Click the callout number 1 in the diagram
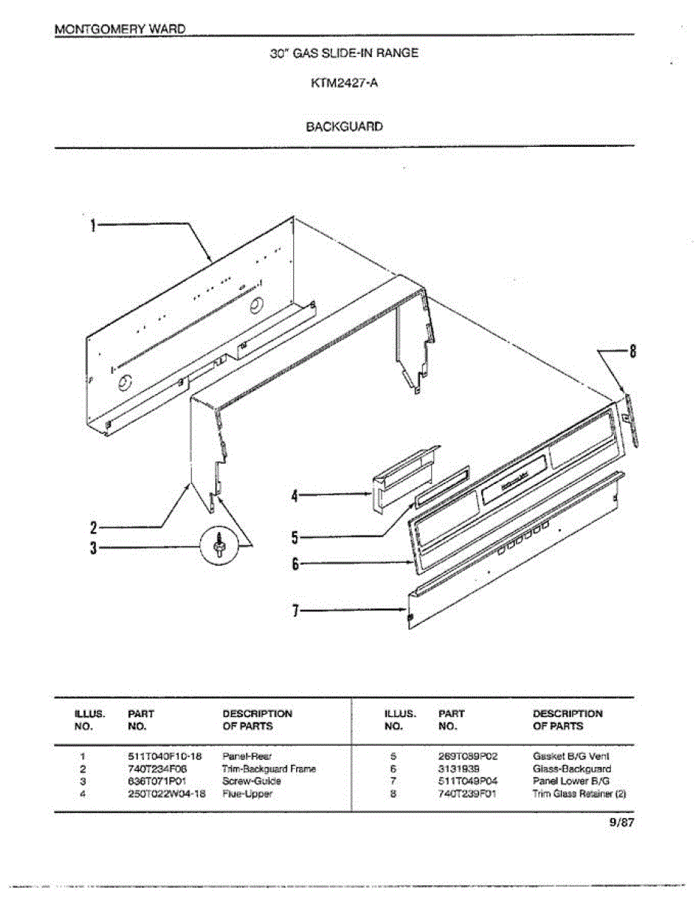(x=93, y=224)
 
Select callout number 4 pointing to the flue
(x=295, y=494)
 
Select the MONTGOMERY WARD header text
(x=120, y=28)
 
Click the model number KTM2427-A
(x=344, y=84)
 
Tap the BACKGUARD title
(x=344, y=127)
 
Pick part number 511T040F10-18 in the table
(x=165, y=757)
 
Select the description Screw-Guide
(x=252, y=781)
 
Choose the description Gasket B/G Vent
(x=571, y=757)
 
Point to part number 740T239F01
(x=467, y=793)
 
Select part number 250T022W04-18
(x=166, y=793)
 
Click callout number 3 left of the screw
(x=93, y=548)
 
